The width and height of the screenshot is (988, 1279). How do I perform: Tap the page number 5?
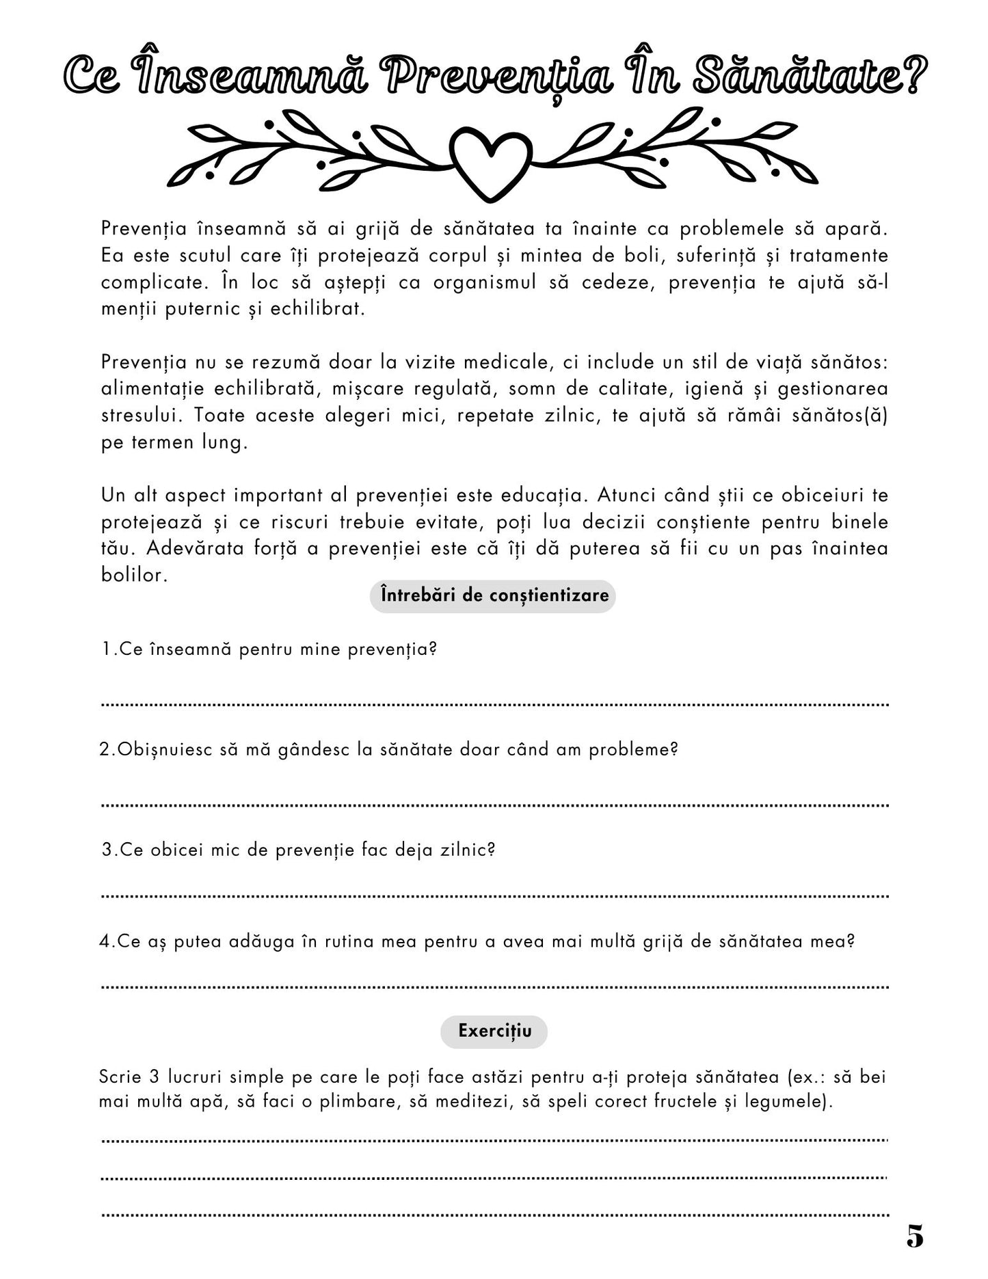[x=915, y=1236]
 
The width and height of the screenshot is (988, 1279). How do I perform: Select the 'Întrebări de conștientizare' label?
[x=493, y=595]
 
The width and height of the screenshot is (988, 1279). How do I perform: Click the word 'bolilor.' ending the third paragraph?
[x=134, y=575]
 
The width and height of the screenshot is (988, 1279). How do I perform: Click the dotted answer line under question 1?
[x=494, y=703]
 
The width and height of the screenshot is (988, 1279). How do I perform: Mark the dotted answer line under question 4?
[x=494, y=986]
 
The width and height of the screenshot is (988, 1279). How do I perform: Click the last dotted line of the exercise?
[x=494, y=1214]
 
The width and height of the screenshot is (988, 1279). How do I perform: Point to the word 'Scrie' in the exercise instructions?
[x=120, y=1077]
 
